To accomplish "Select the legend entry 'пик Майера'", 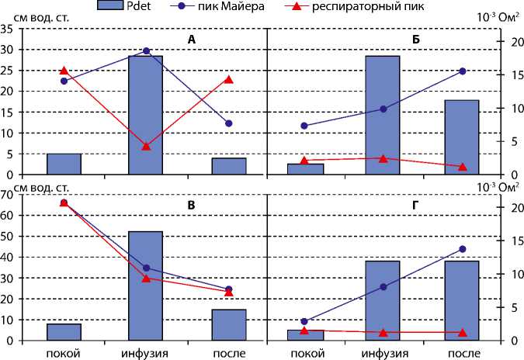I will (x=226, y=6).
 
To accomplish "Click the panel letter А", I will (x=191, y=40).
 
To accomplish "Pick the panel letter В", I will (x=191, y=206).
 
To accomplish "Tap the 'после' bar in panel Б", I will (x=461, y=137).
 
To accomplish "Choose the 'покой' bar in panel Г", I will (x=305, y=335).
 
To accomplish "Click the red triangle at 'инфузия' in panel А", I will (x=146, y=146).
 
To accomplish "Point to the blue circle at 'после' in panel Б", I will (x=463, y=71).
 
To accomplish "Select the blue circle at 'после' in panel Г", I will (x=463, y=249).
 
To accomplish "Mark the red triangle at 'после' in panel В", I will (x=229, y=292).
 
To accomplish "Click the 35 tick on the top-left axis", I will (x=8, y=29).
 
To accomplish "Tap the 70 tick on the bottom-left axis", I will (x=8, y=195).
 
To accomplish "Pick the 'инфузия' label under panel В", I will (x=145, y=352).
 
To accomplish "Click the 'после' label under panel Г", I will (x=463, y=352).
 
